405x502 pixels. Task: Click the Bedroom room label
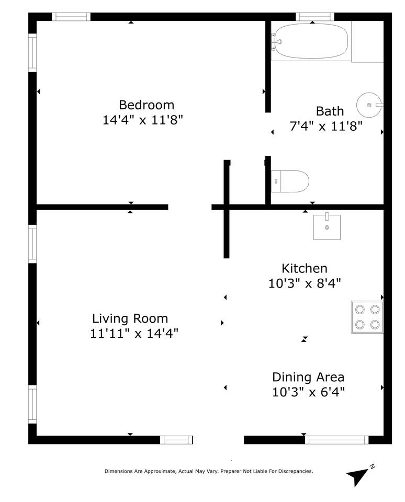[147, 105]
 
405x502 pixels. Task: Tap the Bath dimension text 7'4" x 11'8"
[326, 126]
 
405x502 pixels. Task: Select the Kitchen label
[305, 268]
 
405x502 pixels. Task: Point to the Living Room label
[130, 319]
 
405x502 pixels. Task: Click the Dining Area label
[308, 377]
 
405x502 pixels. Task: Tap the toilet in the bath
[290, 181]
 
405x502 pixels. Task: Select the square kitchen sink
[327, 226]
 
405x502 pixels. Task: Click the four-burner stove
[367, 317]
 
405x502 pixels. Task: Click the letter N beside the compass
[373, 466]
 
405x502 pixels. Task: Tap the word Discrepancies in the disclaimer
[296, 471]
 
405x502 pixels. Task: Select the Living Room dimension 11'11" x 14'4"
[134, 334]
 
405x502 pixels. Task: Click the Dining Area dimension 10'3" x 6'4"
[308, 392]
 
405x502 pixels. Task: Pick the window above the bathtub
[315, 17]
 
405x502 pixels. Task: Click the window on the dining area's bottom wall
[336, 440]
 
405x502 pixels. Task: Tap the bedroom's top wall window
[71, 17]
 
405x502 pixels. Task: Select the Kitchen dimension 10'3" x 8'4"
[305, 283]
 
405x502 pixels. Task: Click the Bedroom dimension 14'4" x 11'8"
[142, 120]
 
